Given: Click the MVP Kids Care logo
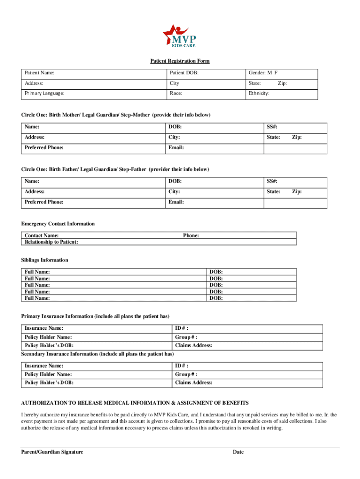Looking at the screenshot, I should (x=180, y=36).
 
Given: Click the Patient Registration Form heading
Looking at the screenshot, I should (x=180, y=61).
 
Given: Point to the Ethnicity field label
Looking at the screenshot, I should (x=259, y=93).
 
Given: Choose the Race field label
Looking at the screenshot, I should (x=176, y=93).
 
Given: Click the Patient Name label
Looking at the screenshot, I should (x=40, y=73).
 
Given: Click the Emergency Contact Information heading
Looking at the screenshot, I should (x=58, y=224).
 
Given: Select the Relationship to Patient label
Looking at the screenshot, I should (x=51, y=242).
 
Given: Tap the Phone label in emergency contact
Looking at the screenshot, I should (x=191, y=236).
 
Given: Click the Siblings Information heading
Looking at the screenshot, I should (x=45, y=260).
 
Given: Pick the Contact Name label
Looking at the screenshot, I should (x=42, y=236).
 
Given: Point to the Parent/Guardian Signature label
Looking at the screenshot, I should (x=52, y=452).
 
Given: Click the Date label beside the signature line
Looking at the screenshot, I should (x=238, y=452).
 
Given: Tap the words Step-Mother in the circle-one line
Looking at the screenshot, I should (x=135, y=115).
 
